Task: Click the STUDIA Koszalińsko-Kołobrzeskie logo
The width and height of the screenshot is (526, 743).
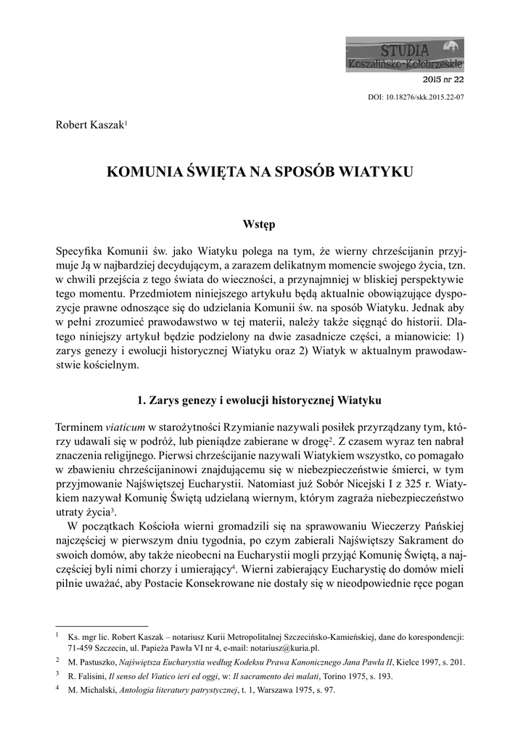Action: coord(404,56)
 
